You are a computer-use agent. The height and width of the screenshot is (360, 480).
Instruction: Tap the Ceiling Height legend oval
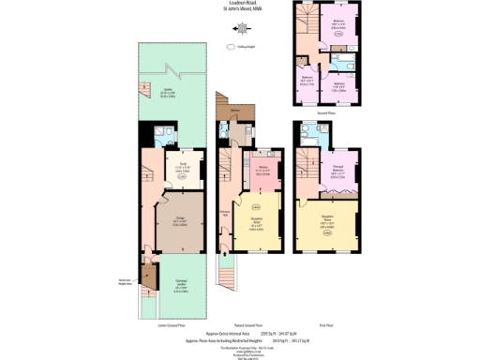(x=232, y=45)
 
